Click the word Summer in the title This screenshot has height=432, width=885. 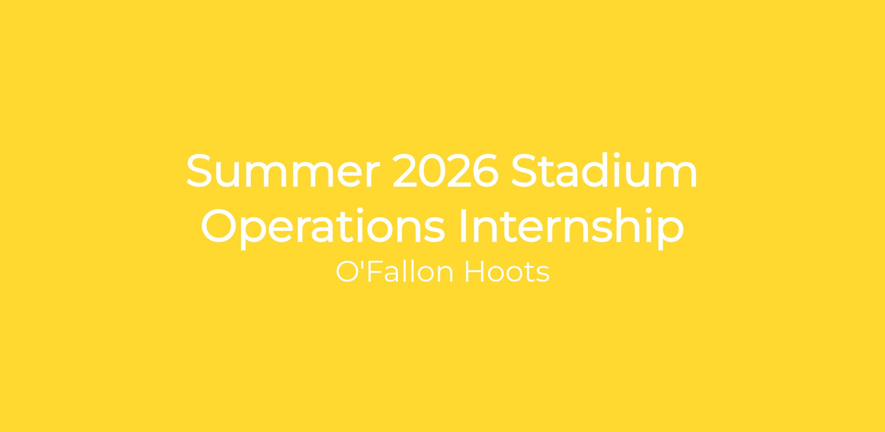(283, 171)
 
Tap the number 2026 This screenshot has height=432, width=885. (446, 171)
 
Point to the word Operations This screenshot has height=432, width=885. (323, 226)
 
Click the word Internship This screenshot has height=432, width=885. (572, 226)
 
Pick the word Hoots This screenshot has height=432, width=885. (507, 272)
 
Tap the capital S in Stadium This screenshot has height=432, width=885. (524, 171)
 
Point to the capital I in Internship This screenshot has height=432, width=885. (464, 226)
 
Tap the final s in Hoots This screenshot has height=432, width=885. (543, 275)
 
